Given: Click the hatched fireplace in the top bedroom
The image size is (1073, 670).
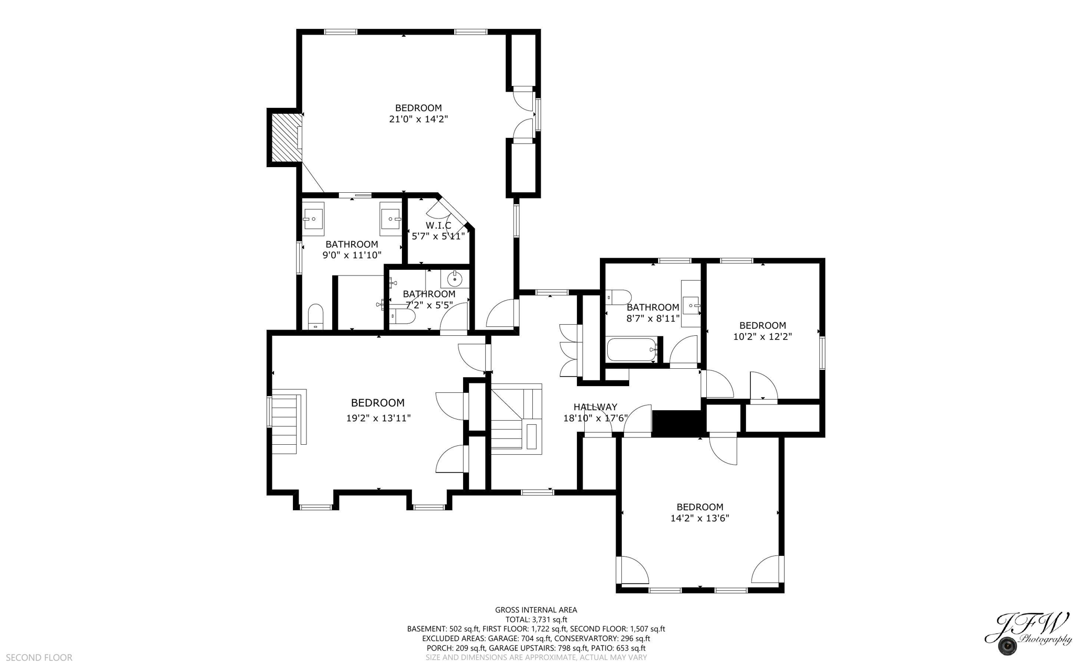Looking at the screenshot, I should (x=285, y=138).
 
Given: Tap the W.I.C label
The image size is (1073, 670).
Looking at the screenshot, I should (x=438, y=225).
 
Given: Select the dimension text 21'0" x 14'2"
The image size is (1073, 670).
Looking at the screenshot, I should (x=418, y=119).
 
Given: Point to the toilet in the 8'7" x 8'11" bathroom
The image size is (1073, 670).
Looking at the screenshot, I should (x=619, y=296).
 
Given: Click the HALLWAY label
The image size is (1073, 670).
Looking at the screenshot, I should (x=595, y=407).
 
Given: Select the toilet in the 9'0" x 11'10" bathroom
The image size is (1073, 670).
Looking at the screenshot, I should (x=315, y=317).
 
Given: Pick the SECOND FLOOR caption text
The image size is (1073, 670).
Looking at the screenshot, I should (x=39, y=657).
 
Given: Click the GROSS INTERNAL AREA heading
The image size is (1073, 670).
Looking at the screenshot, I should (x=536, y=610).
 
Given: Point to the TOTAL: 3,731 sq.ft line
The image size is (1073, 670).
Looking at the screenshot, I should (x=536, y=619).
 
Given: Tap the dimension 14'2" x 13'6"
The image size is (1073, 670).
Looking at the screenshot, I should (x=699, y=518).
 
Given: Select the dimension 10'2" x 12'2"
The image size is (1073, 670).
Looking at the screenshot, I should (x=762, y=336).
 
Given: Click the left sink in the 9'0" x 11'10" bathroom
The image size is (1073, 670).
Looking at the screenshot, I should (x=313, y=218).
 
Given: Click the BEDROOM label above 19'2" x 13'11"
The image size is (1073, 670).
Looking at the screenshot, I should (x=377, y=403).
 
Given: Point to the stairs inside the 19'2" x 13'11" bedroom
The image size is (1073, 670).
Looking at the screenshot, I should (x=286, y=423).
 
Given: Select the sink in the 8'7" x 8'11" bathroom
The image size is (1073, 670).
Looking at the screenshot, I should (x=692, y=304).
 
